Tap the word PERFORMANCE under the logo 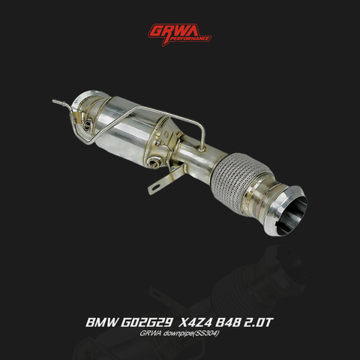click(190, 37)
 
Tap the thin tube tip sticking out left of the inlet click(56, 100)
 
